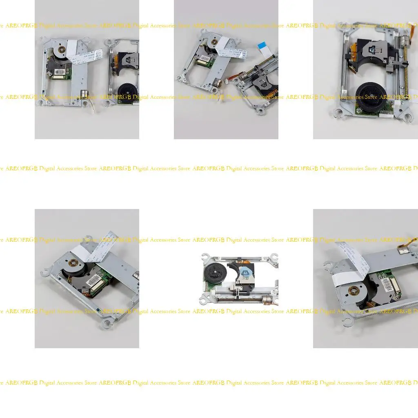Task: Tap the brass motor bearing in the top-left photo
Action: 61,50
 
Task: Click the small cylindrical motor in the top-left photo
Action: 84,94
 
